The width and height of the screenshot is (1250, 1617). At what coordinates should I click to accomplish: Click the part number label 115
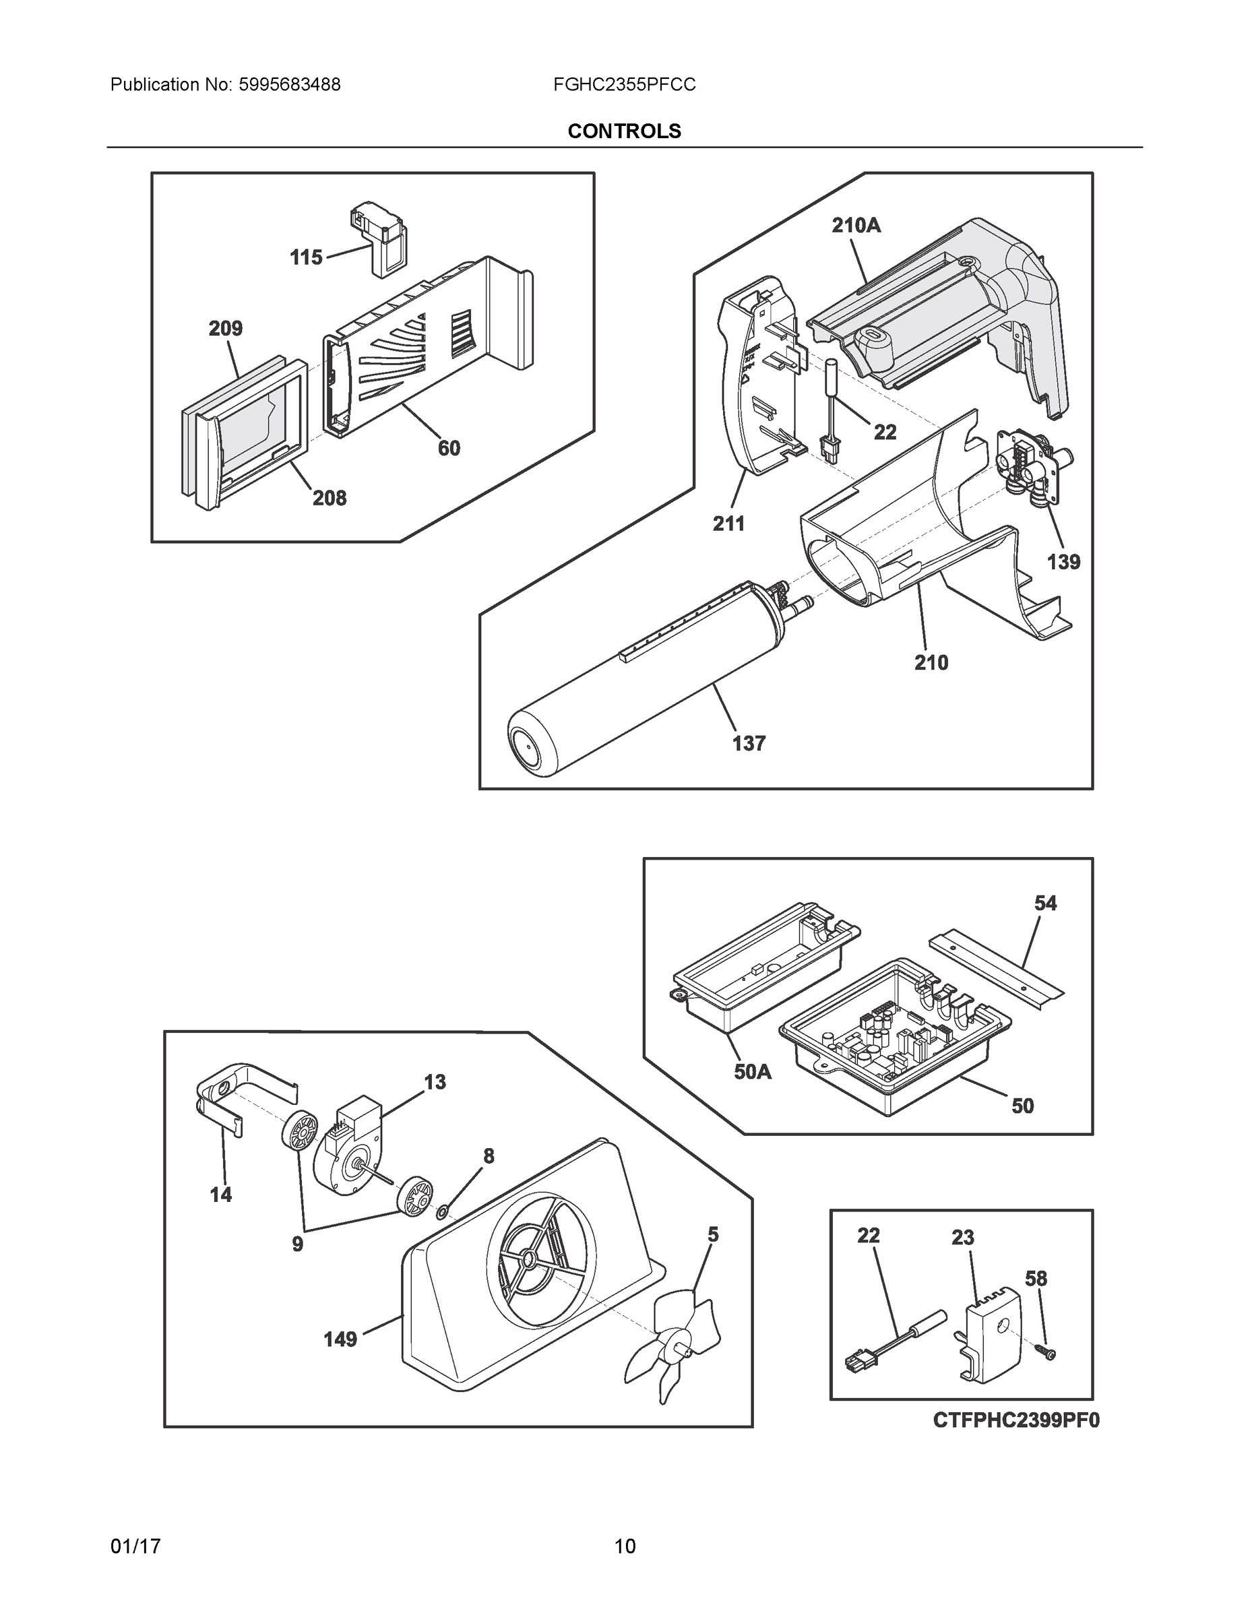(306, 257)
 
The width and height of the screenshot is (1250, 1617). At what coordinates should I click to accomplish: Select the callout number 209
(225, 328)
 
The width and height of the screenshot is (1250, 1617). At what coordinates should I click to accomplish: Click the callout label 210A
(856, 225)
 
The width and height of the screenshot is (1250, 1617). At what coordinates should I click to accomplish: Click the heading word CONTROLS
(624, 131)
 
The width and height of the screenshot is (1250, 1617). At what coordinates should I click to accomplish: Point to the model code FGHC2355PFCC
(624, 85)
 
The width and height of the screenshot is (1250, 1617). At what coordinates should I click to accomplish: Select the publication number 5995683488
(289, 85)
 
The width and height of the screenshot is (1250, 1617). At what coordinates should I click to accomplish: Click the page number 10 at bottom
(624, 1547)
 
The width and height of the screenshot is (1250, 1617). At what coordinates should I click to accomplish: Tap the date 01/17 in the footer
(135, 1547)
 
